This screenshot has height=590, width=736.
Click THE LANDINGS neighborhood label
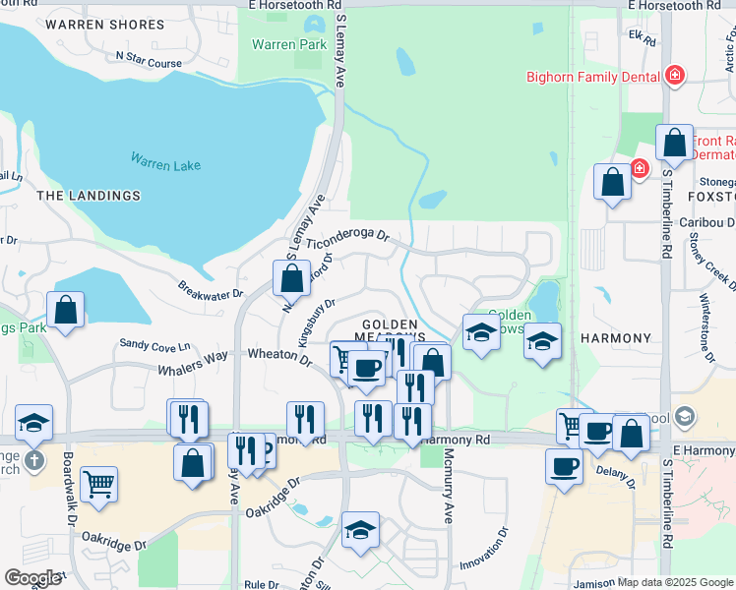[x=89, y=196]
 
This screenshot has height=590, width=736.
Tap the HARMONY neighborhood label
[x=616, y=338]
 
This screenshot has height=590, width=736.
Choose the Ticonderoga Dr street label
[x=348, y=239]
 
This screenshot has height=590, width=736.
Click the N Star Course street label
[x=149, y=61]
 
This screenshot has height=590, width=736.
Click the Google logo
[x=32, y=578]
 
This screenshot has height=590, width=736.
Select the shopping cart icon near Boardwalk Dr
[x=98, y=483]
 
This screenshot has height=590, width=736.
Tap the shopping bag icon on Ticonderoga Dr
[x=291, y=278]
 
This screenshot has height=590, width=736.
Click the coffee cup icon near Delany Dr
[x=564, y=466]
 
